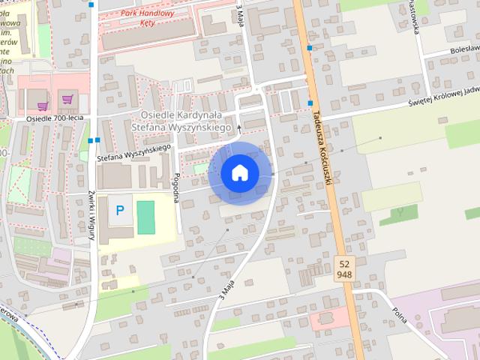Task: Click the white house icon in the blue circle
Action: coord(240,172)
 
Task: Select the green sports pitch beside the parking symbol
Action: coord(145,215)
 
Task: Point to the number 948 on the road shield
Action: coord(344,274)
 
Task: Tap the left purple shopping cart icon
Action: coord(43,105)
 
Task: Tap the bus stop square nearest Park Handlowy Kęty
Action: coord(91,4)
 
